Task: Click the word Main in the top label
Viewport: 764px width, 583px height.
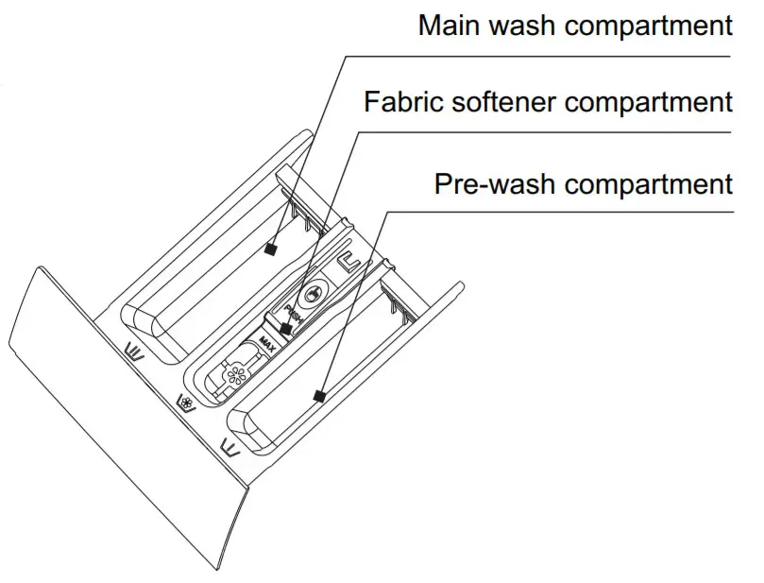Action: (x=450, y=25)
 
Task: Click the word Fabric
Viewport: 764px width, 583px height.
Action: (x=401, y=101)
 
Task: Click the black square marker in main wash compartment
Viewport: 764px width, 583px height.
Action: (x=271, y=249)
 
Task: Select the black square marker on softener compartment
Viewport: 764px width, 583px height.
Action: (x=286, y=329)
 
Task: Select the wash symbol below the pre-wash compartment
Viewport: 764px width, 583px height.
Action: (x=229, y=444)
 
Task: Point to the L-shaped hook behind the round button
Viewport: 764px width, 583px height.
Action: (x=351, y=257)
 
